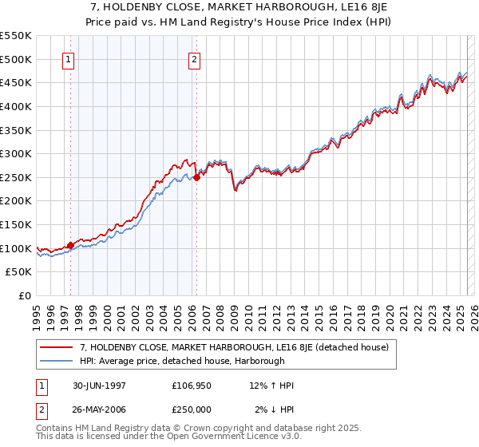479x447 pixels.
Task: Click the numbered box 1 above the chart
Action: coord(68,58)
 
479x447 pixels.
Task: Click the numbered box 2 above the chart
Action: coord(194,58)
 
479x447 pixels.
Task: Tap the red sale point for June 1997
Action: coord(70,245)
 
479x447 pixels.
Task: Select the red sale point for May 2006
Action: coord(196,177)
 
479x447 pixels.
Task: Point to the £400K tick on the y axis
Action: coord(16,106)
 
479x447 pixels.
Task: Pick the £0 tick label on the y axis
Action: coord(24,296)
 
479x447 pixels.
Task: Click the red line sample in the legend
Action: coord(56,347)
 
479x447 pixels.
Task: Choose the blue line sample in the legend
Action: coord(56,361)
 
